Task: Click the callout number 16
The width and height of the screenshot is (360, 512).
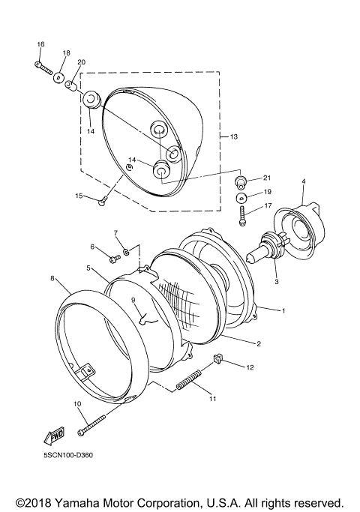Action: tap(40, 45)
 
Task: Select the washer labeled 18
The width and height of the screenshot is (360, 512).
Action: tap(59, 77)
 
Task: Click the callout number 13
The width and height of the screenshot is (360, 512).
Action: tap(233, 136)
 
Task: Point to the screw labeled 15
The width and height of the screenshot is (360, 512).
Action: tap(103, 199)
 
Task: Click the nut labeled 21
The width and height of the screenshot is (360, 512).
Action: tap(242, 181)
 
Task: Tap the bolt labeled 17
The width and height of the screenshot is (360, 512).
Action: tap(242, 217)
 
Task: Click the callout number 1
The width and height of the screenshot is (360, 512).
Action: tap(283, 309)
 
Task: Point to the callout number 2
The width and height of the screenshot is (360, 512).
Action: tap(258, 344)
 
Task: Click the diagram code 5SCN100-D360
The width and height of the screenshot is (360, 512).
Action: tap(68, 474)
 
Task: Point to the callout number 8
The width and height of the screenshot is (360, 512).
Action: tap(52, 278)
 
